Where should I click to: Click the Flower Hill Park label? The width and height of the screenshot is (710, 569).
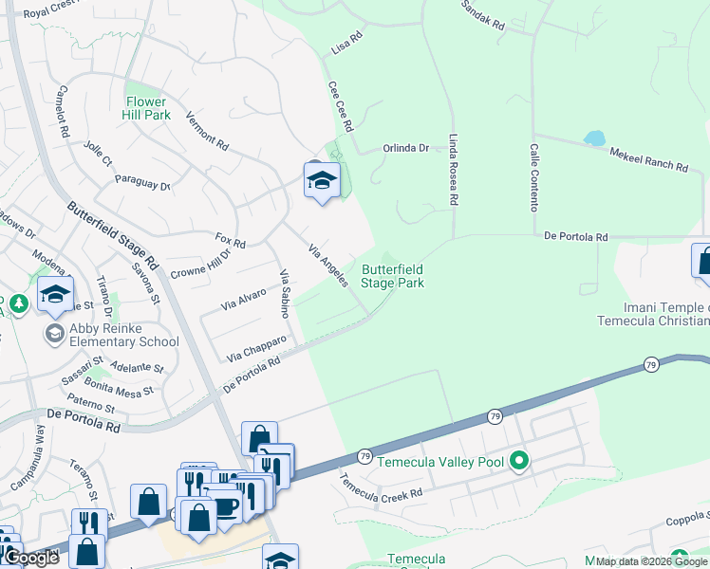click(x=146, y=108)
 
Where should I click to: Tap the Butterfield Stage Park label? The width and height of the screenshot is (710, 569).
click(x=392, y=276)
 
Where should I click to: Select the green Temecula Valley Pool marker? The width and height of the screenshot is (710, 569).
click(x=518, y=462)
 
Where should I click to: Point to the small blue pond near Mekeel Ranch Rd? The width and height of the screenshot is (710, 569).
click(x=594, y=138)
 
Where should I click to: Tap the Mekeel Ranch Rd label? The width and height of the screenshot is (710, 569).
click(x=648, y=158)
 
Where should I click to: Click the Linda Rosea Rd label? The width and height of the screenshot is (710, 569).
click(x=454, y=170)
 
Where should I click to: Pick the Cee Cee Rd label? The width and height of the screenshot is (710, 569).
click(x=341, y=105)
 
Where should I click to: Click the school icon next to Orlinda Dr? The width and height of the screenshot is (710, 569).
click(x=322, y=180)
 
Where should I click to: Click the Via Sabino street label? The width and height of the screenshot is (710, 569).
click(x=283, y=292)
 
